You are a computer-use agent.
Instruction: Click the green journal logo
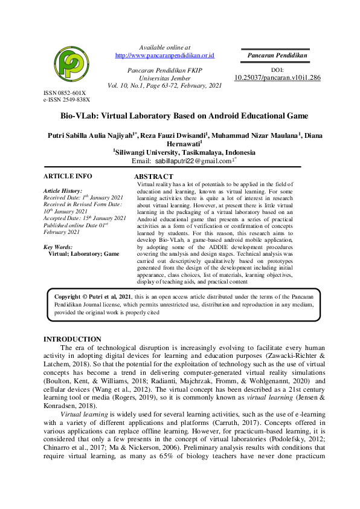point(71,66)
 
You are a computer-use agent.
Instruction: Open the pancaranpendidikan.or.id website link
point(165,56)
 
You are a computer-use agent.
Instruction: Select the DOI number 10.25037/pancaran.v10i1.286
point(277,78)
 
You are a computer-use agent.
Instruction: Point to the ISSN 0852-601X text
point(65,92)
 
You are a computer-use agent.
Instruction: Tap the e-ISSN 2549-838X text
point(66,99)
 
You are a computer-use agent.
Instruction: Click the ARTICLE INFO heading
point(68,176)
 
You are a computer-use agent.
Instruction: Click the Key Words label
point(58,247)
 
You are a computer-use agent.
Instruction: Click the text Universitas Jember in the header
point(164,79)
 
